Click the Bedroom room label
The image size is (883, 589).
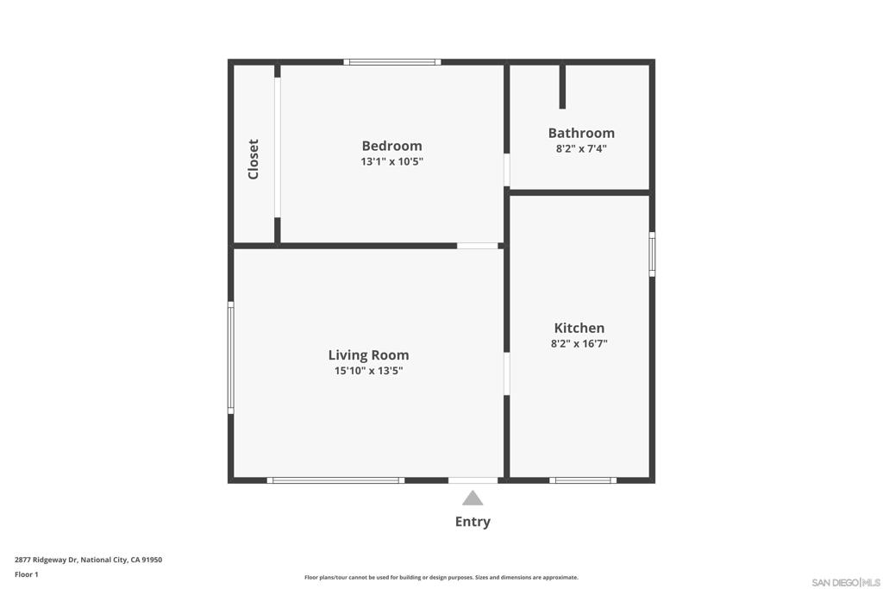tap(392, 146)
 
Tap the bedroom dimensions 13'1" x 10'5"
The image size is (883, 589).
tap(392, 161)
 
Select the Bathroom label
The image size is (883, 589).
tap(581, 133)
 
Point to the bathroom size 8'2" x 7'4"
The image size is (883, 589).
tap(581, 148)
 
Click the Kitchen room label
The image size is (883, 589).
tap(579, 328)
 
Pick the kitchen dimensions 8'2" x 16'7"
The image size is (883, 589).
tap(579, 343)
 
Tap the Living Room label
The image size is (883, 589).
tap(368, 355)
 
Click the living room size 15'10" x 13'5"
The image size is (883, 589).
tap(368, 371)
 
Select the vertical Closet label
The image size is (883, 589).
tap(254, 160)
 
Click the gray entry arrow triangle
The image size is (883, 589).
tap(473, 498)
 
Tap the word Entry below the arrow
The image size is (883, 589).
tap(473, 522)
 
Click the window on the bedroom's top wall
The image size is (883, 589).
tap(392, 62)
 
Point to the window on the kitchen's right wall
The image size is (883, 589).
tap(652, 254)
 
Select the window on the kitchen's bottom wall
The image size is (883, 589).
tap(583, 480)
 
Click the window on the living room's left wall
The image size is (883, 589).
tap(231, 358)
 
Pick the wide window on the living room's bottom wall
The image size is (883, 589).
tap(335, 480)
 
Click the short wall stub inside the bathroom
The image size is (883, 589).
tap(562, 87)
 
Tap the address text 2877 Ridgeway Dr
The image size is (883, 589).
tap(46, 560)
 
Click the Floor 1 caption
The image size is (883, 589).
tap(27, 574)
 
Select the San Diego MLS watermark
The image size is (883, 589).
tap(846, 582)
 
